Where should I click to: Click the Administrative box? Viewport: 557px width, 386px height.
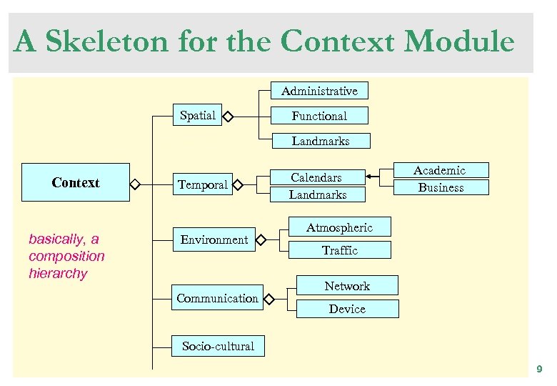pyautogui.click(x=319, y=91)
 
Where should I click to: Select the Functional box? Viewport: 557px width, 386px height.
pyautogui.click(x=319, y=116)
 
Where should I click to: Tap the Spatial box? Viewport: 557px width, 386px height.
pyautogui.click(x=198, y=115)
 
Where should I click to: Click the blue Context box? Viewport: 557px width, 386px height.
pyautogui.click(x=76, y=183)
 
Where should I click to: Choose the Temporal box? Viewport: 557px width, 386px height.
pyautogui.click(x=203, y=185)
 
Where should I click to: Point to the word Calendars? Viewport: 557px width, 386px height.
pyautogui.click(x=316, y=177)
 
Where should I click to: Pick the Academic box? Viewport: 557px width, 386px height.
pyautogui.click(x=441, y=170)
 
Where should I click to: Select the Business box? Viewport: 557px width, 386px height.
pyautogui.click(x=441, y=187)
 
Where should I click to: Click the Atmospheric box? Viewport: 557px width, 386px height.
pyautogui.click(x=339, y=227)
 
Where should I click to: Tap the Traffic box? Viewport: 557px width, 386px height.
pyautogui.click(x=339, y=250)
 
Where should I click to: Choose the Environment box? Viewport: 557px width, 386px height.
pyautogui.click(x=214, y=240)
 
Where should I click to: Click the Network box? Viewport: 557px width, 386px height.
pyautogui.click(x=347, y=286)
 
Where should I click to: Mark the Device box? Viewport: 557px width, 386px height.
pyautogui.click(x=347, y=309)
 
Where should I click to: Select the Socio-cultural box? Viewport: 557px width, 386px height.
pyautogui.click(x=218, y=346)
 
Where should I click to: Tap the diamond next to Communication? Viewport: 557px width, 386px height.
pyautogui.click(x=270, y=298)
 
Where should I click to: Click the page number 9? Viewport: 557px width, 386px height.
pyautogui.click(x=539, y=369)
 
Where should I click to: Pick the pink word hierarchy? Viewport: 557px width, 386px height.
pyautogui.click(x=58, y=274)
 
